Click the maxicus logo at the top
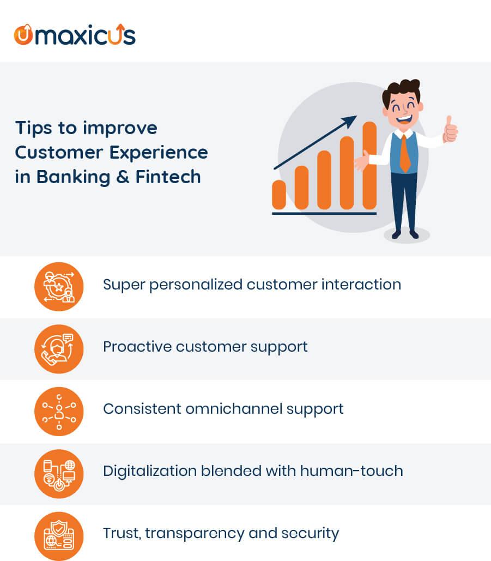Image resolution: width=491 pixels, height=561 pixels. pos(74,35)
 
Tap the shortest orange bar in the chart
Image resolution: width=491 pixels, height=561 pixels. pos(279,195)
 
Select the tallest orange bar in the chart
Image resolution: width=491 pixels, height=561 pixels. pos(370,165)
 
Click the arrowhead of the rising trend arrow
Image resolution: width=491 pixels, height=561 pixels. pos(350,120)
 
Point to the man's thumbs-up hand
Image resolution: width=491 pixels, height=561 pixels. pos(450,130)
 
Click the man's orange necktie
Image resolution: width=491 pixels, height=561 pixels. pos(405,154)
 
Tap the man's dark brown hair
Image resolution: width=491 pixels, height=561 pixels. pos(401,91)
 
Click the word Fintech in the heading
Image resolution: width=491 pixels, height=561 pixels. pos(168,177)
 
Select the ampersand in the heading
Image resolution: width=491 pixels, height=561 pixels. pos(123,177)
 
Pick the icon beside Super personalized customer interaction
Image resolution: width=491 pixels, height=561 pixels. pos(59,287)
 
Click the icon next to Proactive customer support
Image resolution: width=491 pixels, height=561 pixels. pos(59,349)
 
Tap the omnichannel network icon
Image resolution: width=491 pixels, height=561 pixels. pos(59,412)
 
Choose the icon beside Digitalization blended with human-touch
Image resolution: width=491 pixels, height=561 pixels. pos(59,474)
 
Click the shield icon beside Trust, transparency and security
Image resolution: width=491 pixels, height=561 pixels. pos(59,536)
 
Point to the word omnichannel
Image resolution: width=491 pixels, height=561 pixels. pos(234,408)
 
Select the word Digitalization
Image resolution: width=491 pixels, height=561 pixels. pos(150,471)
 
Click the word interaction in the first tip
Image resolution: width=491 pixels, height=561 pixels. pos(361,285)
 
